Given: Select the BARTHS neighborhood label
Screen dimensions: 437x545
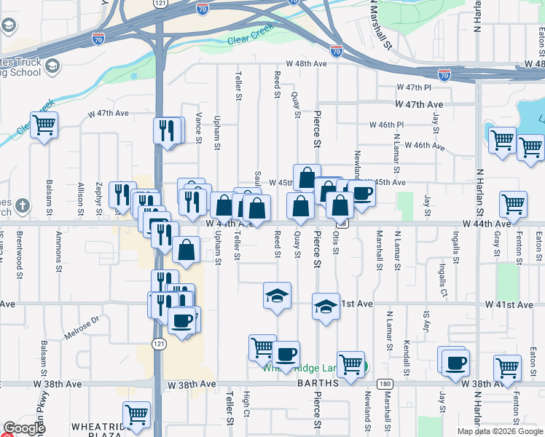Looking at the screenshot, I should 317,383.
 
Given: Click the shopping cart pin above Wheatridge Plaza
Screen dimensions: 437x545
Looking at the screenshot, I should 136,415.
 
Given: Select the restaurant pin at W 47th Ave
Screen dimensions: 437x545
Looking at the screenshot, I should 168,131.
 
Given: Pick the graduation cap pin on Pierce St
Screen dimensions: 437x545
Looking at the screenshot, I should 326,307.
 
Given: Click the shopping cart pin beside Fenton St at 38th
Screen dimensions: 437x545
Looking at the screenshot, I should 507,368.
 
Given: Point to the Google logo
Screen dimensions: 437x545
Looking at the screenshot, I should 24,429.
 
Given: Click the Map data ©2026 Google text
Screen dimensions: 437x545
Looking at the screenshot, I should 500,431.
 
